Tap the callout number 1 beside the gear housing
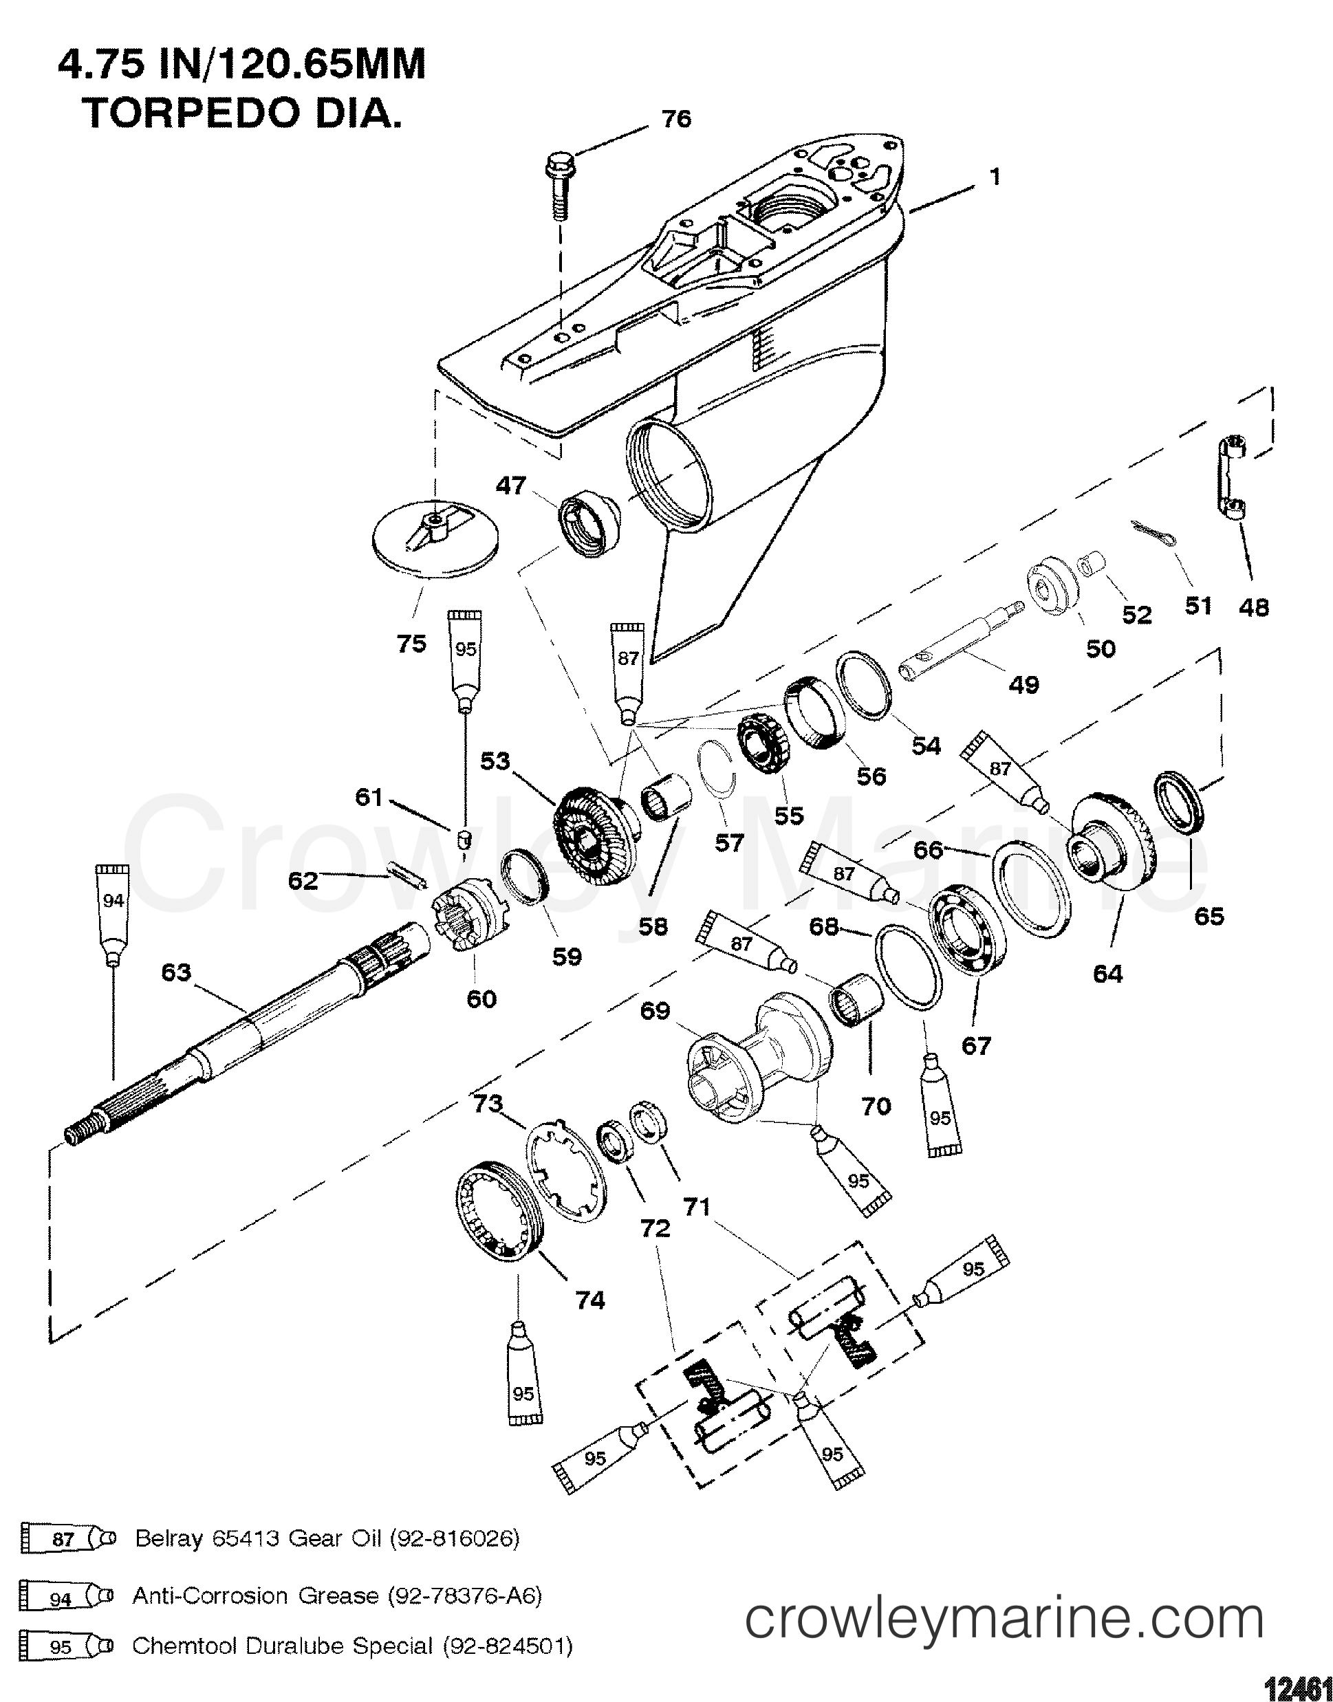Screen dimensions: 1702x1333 (x=995, y=178)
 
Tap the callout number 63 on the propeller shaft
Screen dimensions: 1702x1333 (x=175, y=972)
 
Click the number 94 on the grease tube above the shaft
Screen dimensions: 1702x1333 (x=113, y=901)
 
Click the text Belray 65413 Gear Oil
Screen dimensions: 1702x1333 (x=257, y=1538)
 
